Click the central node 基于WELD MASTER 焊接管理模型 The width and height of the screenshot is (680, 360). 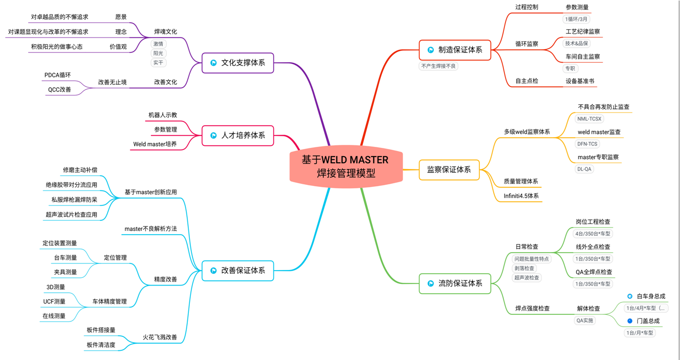pos(345,166)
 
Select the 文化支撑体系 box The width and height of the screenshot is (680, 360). pos(238,63)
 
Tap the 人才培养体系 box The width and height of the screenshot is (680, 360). pos(238,136)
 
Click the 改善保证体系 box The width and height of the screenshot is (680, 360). pos(238,271)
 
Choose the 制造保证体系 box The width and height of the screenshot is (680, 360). pos(455,50)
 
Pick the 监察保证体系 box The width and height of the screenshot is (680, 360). pos(449,169)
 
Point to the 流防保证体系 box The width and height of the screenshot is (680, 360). pos(455,283)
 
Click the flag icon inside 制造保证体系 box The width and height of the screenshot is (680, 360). pos(431,50)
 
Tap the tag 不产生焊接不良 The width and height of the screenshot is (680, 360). pos(439,66)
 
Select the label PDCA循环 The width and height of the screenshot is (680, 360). pos(57,75)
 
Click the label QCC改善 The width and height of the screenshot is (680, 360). pos(60,90)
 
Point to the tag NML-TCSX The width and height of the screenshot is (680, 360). pos(589,119)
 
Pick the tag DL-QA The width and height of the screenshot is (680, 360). pos(584,169)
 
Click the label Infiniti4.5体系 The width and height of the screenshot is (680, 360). pos(521,196)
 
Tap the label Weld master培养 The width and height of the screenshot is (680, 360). pos(155,144)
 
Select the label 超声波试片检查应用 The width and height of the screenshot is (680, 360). pos(71,215)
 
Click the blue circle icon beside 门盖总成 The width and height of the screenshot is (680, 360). pos(630,321)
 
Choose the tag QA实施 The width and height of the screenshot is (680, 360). pos(585,320)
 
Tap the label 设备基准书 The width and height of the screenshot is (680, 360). pos(580,81)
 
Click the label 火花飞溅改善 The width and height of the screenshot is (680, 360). pos(160,337)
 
